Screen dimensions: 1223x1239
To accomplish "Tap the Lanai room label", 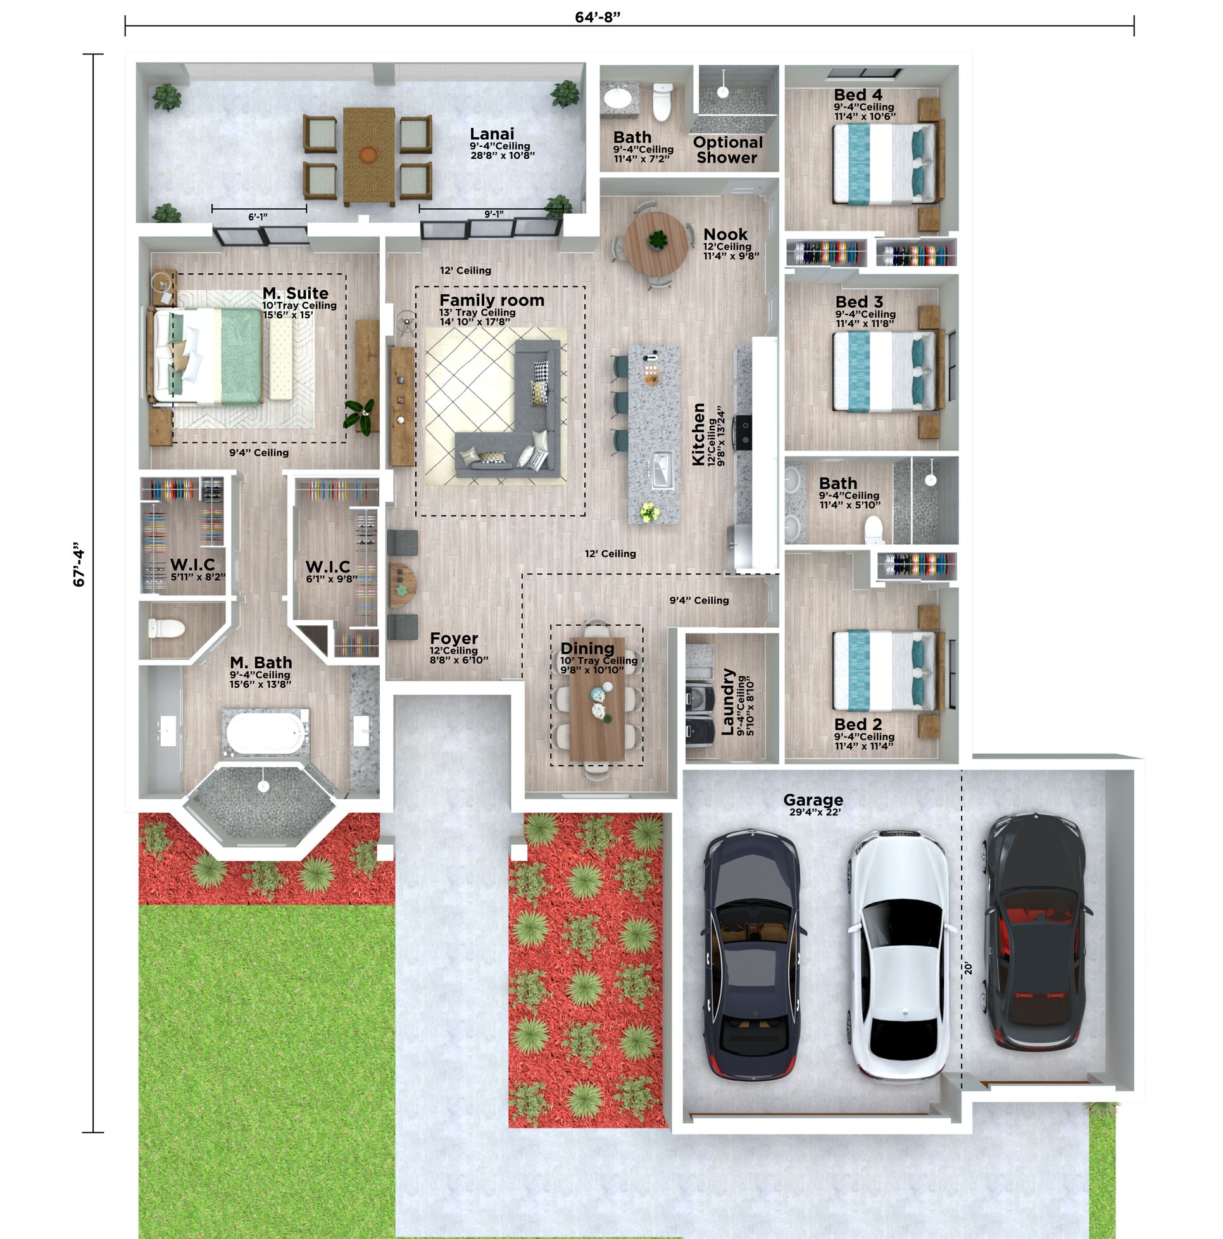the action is (x=491, y=134).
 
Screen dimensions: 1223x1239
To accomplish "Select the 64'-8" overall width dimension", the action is (x=598, y=16).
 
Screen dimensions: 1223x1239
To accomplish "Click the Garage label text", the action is (x=813, y=799).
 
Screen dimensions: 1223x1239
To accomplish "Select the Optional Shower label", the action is (x=727, y=149).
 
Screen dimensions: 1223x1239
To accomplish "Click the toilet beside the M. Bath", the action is (x=166, y=628).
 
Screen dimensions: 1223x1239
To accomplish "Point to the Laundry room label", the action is (x=727, y=701).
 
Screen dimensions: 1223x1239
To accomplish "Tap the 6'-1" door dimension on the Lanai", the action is (x=258, y=218).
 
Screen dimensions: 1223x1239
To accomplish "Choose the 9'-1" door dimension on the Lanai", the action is (x=493, y=214).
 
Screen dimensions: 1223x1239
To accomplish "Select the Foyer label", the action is (x=454, y=638).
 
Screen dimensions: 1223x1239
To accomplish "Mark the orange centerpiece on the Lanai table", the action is (x=368, y=154).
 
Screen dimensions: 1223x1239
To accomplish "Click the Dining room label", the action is (x=587, y=648).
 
